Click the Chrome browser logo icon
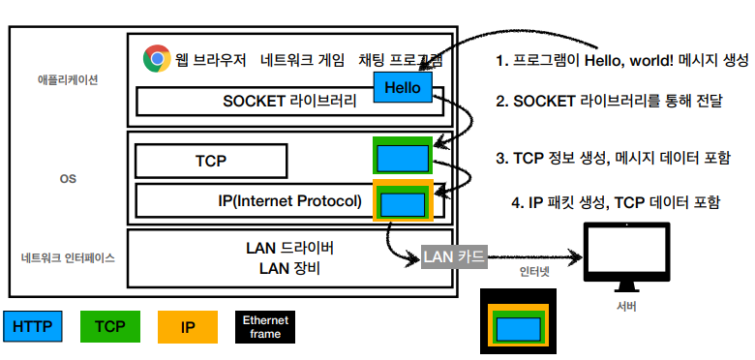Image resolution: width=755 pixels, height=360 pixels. click(156, 59)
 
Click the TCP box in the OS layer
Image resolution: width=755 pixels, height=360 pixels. click(210, 161)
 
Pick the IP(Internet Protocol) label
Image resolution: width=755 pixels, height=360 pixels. click(291, 201)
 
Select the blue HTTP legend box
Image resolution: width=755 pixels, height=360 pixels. click(34, 327)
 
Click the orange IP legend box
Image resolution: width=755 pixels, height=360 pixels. click(188, 327)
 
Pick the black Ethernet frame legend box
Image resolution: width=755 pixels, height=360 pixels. click(265, 327)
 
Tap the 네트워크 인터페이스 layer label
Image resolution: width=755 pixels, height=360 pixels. click(68, 257)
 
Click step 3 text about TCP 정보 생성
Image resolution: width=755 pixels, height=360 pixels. click(613, 158)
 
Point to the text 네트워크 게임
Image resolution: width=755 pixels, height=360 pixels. click(301, 60)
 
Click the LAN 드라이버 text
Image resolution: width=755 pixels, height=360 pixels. click(290, 249)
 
